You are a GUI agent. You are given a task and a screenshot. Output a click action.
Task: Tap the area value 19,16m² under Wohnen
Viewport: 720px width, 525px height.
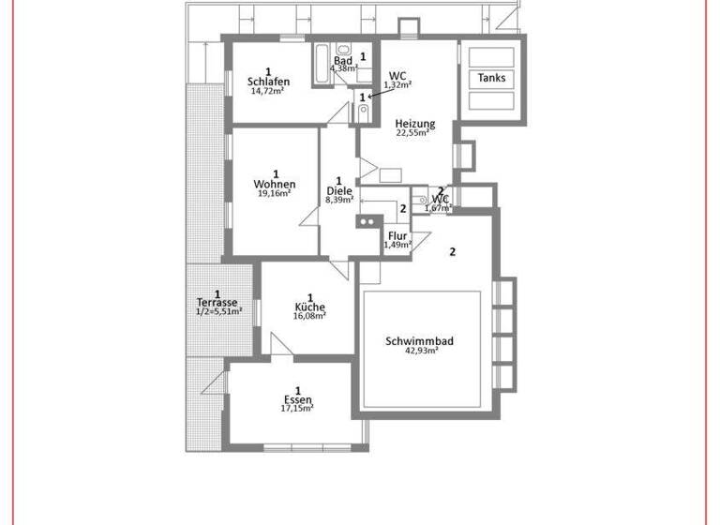tap(275, 194)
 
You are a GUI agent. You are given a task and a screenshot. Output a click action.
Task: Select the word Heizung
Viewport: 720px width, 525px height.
tap(414, 124)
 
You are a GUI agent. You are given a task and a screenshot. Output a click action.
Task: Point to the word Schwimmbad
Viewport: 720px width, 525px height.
tap(419, 341)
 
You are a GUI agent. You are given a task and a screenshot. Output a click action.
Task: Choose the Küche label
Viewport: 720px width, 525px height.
tap(309, 307)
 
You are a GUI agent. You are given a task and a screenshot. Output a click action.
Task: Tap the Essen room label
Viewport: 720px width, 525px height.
tap(297, 400)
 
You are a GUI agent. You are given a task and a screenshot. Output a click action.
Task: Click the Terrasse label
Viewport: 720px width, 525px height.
tap(217, 302)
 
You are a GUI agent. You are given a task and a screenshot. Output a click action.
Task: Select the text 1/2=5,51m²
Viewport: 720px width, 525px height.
tap(218, 311)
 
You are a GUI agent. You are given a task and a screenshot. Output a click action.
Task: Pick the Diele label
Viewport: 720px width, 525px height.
tap(338, 190)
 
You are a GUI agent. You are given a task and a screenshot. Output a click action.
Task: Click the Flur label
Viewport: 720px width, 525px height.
tap(397, 236)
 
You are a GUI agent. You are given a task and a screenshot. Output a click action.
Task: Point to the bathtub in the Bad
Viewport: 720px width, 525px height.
tap(321, 59)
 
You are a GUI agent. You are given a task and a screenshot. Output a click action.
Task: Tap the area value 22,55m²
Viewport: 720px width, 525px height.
tap(412, 133)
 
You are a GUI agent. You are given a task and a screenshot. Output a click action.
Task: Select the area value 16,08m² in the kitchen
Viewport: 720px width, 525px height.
tap(309, 317)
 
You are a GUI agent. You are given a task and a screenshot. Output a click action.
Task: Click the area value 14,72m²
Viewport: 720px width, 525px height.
tap(267, 91)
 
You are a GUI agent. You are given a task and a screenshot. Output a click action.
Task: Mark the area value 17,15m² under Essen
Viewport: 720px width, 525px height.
tap(297, 409)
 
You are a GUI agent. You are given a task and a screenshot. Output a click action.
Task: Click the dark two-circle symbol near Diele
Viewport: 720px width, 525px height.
tap(366, 222)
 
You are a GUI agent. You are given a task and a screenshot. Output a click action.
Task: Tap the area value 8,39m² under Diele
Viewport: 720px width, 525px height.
tap(338, 200)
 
